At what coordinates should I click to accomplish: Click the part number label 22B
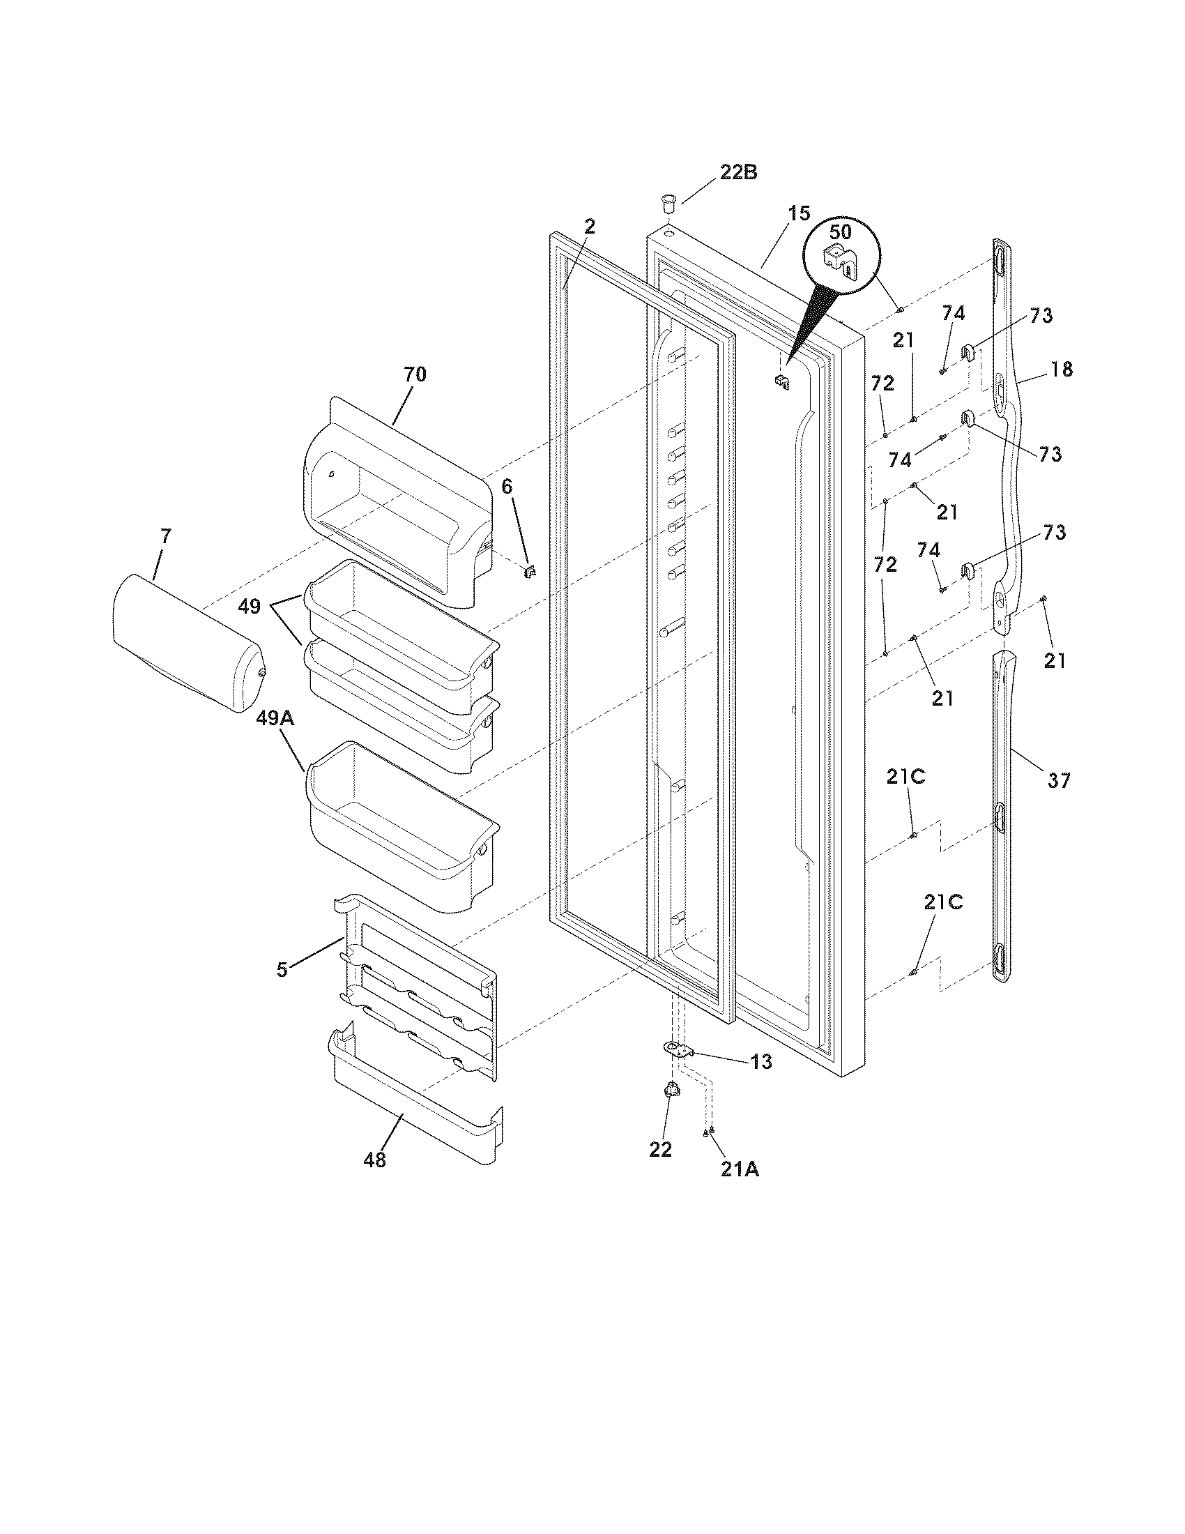737,172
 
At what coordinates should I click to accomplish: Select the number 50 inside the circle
840,231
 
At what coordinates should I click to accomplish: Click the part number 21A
738,1169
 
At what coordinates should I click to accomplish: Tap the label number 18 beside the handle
1062,369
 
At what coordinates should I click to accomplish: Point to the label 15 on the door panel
798,213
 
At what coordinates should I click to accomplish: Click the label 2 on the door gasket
589,226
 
